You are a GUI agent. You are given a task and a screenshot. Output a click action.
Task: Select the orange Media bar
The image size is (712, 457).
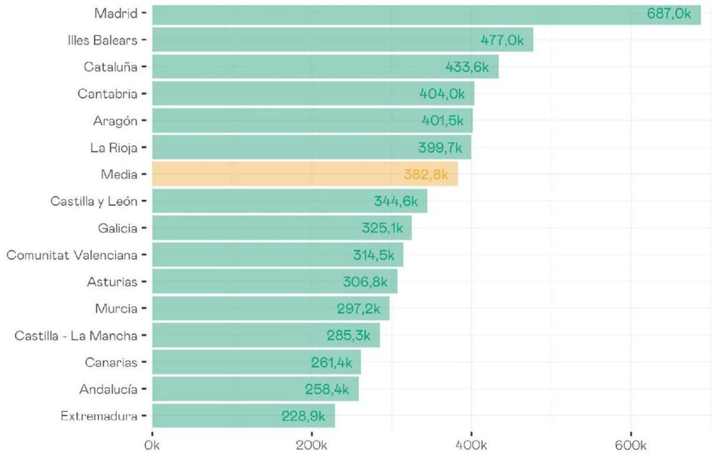pyautogui.click(x=305, y=174)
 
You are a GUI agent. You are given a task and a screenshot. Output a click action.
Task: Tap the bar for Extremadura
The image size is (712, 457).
pyautogui.click(x=243, y=416)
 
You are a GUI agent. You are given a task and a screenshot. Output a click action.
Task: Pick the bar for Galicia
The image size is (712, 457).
pyautogui.click(x=282, y=228)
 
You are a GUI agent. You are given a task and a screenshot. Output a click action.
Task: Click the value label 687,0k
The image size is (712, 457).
pyautogui.click(x=669, y=14)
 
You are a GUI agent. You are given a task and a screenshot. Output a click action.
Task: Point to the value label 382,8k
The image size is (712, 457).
pyautogui.click(x=426, y=174)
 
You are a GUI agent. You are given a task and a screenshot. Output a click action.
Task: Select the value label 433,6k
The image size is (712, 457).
pyautogui.click(x=467, y=68)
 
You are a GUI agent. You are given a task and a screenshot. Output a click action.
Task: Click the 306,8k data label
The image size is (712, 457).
pyautogui.click(x=365, y=283)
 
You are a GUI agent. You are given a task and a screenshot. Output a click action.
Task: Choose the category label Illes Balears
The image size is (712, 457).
pyautogui.click(x=102, y=40)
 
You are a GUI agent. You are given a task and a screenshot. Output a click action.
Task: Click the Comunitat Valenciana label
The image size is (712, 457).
pyautogui.click(x=72, y=255)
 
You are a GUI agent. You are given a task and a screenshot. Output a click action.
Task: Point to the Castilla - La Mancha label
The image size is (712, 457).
pyautogui.click(x=76, y=336)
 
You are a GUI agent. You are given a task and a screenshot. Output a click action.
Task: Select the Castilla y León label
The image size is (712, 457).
pyautogui.click(x=94, y=202)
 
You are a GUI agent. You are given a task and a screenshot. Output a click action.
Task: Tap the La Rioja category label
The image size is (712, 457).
pyautogui.click(x=114, y=148)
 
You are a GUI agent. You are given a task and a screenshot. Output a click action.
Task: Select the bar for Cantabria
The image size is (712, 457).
pyautogui.click(x=313, y=94)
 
